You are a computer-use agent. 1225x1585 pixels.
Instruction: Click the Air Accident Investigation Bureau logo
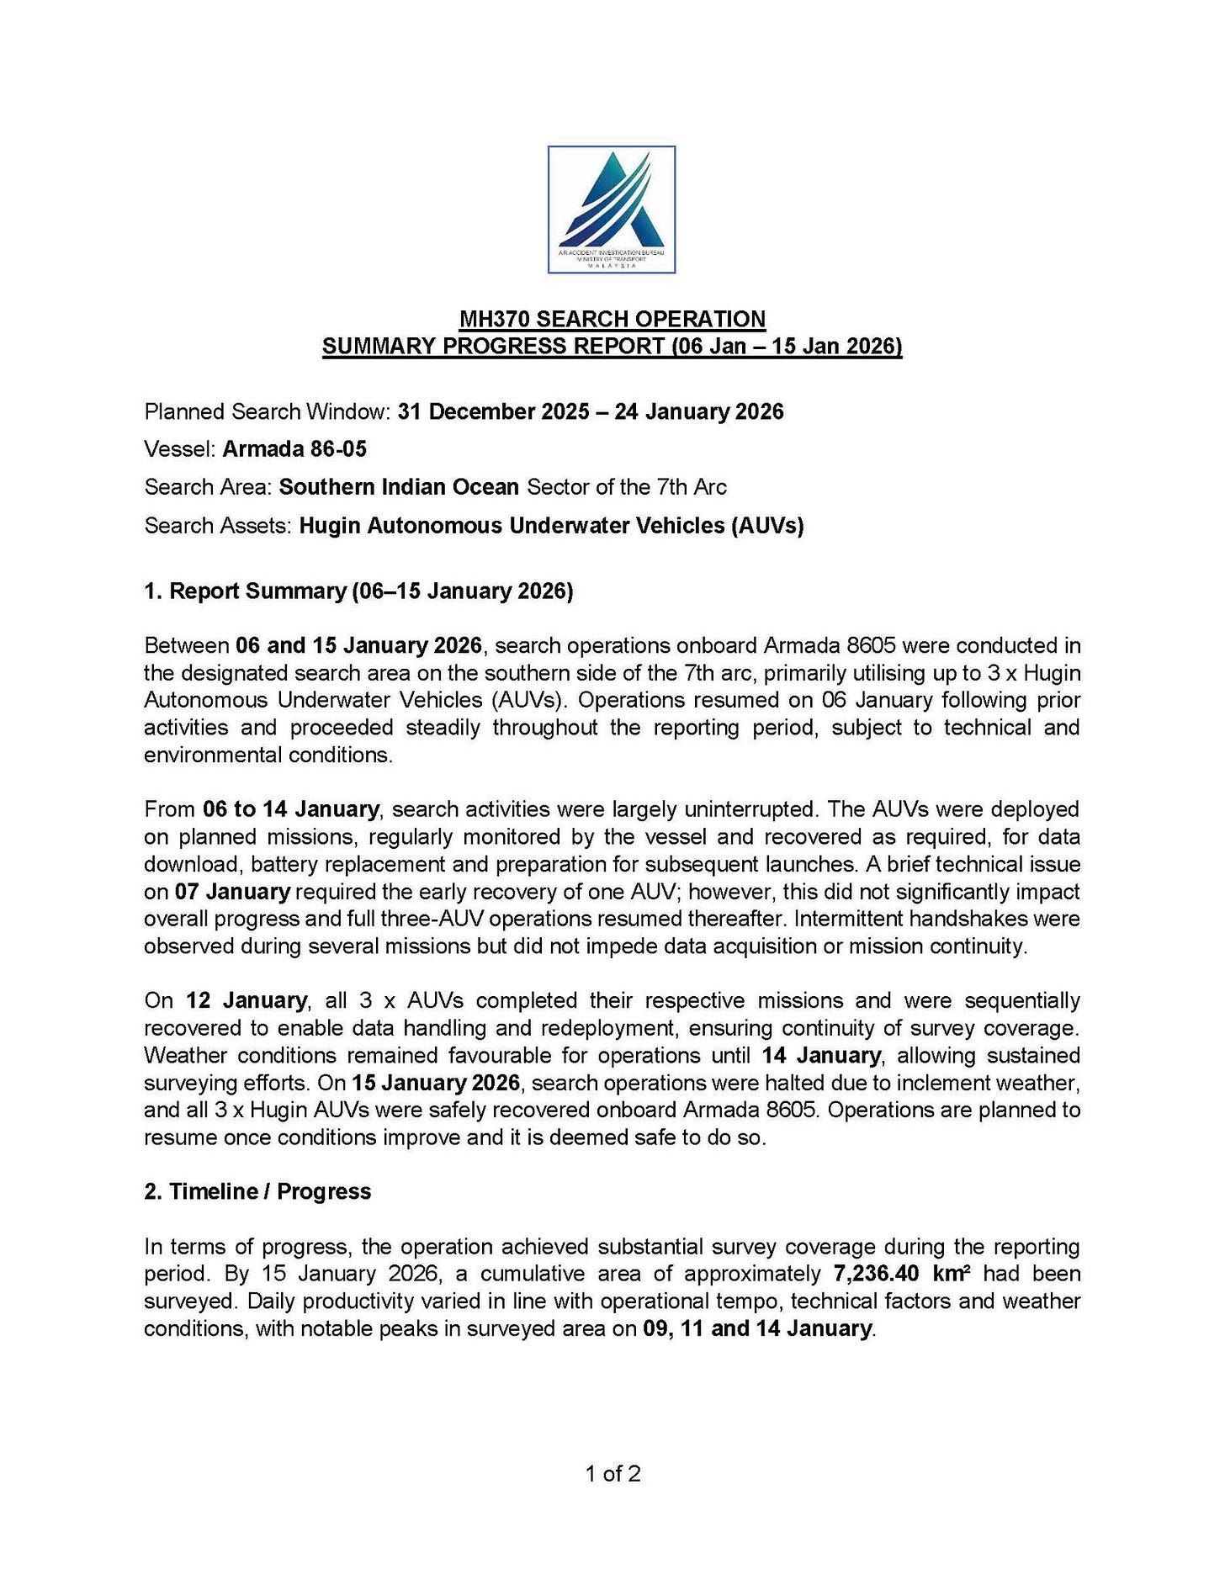[x=612, y=209]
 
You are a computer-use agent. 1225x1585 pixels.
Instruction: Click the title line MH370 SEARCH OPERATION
[x=612, y=319]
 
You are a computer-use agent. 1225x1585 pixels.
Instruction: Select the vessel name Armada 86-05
[x=294, y=449]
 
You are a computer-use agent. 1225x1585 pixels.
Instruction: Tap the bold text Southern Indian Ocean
[x=399, y=487]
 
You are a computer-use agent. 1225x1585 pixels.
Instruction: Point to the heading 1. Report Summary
[x=358, y=591]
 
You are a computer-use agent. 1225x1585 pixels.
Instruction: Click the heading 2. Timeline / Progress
[x=257, y=1191]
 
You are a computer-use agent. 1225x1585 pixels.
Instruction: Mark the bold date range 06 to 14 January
[x=290, y=809]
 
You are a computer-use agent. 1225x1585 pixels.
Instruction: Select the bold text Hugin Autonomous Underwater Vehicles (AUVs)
[x=551, y=526]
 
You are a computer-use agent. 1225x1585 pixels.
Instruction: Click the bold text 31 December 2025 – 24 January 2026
[x=591, y=412]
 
